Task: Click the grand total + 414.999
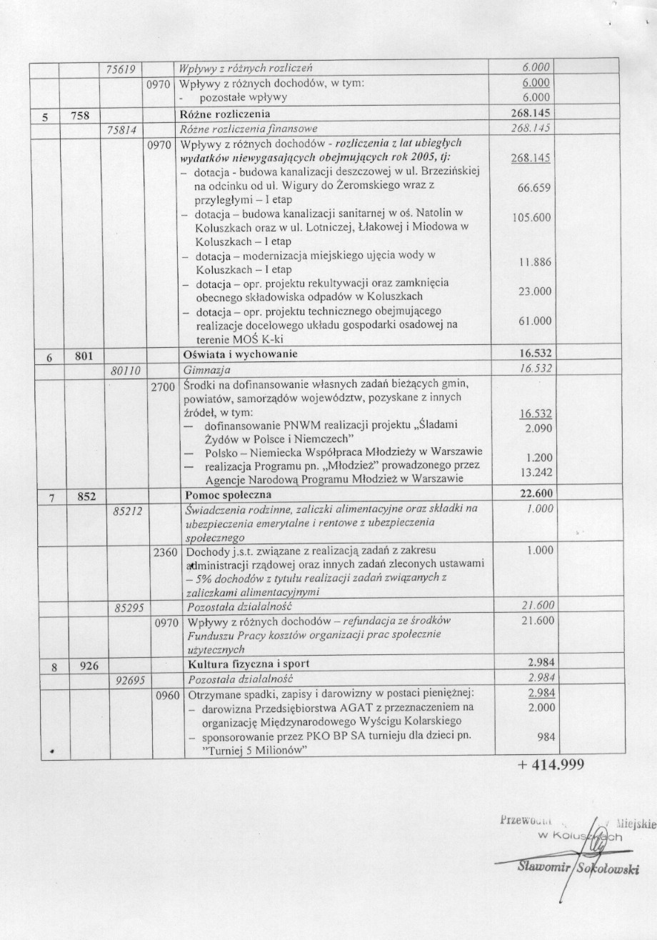point(551,765)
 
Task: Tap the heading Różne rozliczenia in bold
point(228,114)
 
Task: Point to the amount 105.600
point(532,218)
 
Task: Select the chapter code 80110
point(126,370)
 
